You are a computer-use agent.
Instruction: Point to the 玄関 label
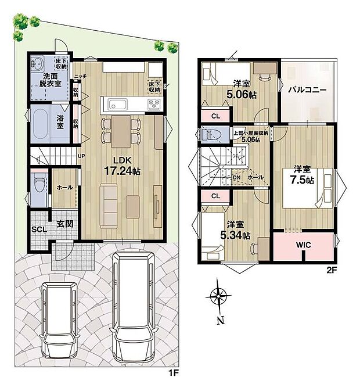coord(64,224)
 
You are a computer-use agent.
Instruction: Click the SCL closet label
coord(39,229)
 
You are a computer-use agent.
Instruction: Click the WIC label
coord(304,245)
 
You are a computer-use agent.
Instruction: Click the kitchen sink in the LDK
coord(117,105)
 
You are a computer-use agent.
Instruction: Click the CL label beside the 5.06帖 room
coord(215,116)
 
